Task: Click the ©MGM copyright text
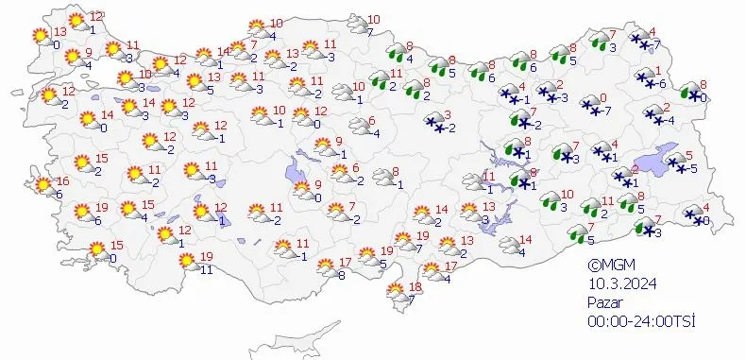(606, 266)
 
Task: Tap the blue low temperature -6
(662, 84)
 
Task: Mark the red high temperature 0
(603, 97)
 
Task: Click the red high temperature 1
(657, 71)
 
